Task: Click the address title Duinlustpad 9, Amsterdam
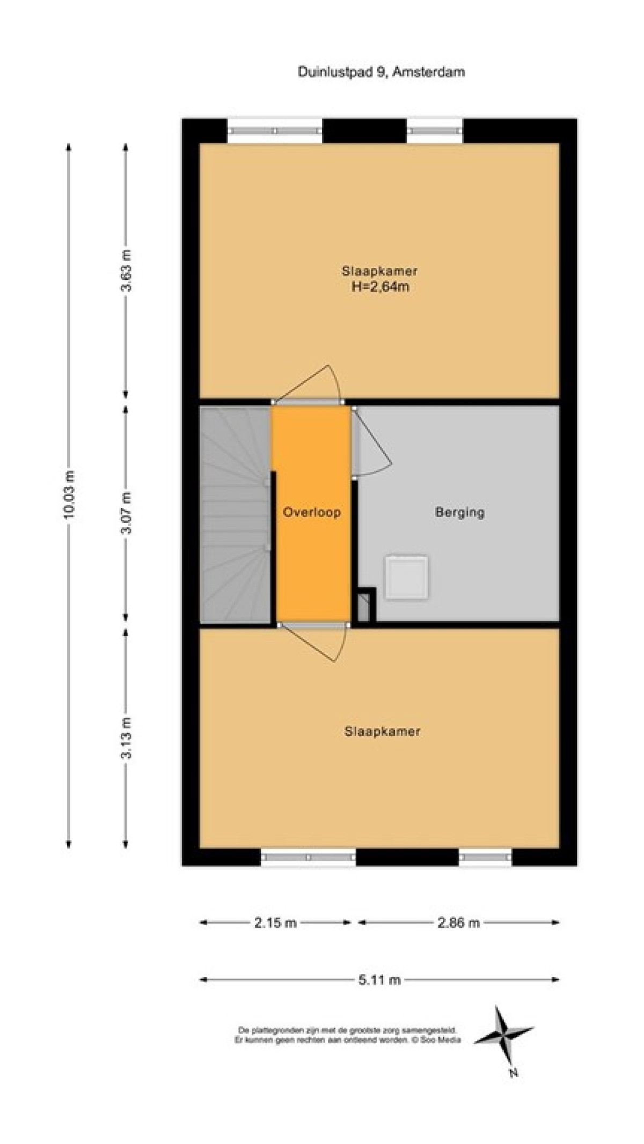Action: coord(381,72)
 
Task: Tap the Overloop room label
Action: coord(312,512)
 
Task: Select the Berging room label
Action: coord(459,512)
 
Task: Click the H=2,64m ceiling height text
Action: coord(380,286)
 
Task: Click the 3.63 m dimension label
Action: coord(127,270)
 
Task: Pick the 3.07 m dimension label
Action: coord(127,513)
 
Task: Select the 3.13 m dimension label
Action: coord(127,738)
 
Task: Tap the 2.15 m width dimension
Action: coord(275,922)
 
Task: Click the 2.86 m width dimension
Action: coord(458,922)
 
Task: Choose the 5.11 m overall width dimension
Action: coord(379,980)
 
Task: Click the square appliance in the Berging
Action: coord(407,577)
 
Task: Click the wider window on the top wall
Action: coord(275,130)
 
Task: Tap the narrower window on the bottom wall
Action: coord(486,857)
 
